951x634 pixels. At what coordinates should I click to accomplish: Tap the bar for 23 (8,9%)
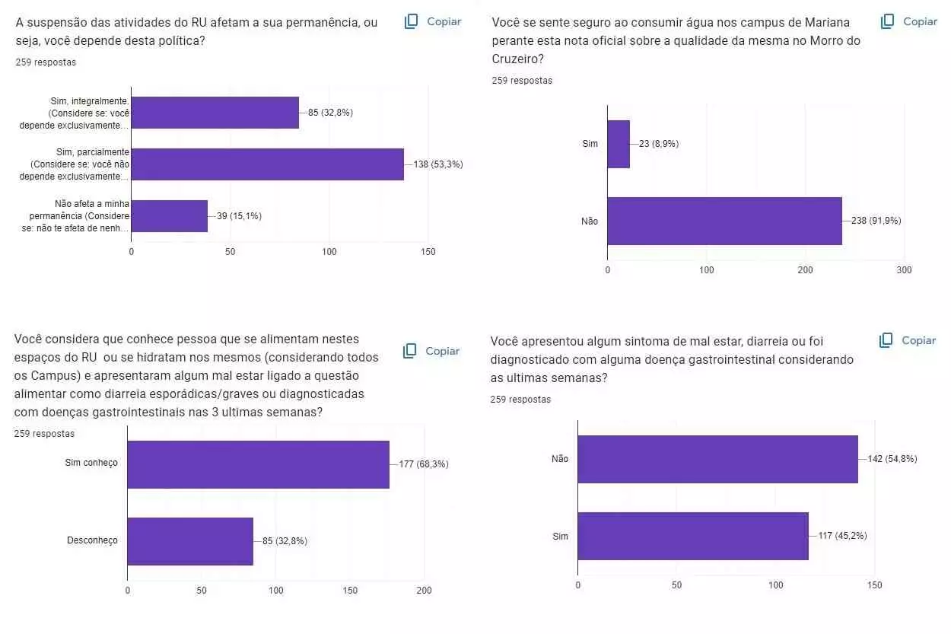[619, 144]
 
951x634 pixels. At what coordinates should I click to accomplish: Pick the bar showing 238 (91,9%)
[724, 221]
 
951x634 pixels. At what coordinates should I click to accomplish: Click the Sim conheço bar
[258, 464]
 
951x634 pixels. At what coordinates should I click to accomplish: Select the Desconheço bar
[190, 541]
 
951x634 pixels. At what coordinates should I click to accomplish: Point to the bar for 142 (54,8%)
[717, 459]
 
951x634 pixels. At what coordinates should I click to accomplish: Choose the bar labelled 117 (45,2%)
[693, 536]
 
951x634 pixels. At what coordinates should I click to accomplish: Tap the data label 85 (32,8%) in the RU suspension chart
[330, 113]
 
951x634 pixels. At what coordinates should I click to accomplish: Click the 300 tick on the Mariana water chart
[904, 270]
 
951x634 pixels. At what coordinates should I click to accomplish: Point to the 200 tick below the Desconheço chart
[425, 591]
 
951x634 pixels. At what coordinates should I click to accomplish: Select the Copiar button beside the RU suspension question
[434, 21]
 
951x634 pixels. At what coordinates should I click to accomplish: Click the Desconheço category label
[92, 540]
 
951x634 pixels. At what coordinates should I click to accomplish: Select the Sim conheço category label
[91, 463]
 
